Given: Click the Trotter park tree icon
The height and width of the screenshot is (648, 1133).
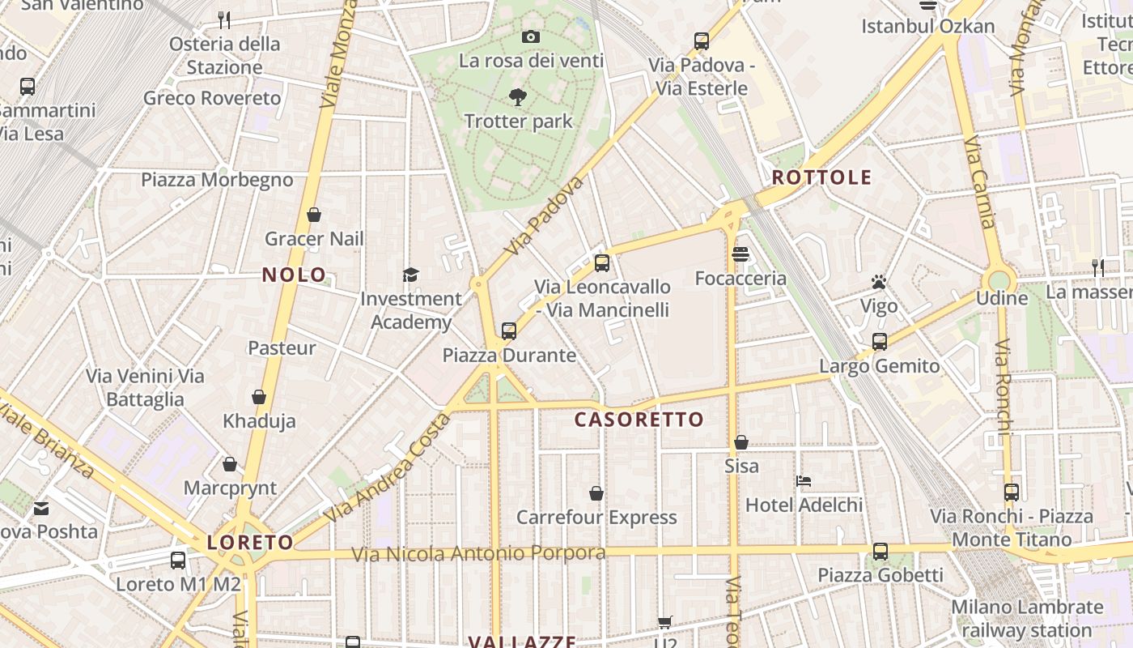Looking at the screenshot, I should coord(518,97).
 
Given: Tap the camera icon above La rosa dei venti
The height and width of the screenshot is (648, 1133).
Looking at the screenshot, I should coord(531,36).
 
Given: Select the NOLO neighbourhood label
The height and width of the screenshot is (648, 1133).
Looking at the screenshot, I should coord(294,275).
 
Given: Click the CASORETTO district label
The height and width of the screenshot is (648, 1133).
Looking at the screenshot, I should coord(639,420).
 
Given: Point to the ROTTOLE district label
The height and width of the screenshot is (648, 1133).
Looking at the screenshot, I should coord(821,177).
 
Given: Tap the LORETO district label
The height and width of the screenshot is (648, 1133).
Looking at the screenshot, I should coord(250,542).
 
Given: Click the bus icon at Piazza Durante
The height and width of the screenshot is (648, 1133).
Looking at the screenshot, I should coord(509,330).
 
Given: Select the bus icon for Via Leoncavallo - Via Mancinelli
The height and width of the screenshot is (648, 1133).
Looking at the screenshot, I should coord(601,262).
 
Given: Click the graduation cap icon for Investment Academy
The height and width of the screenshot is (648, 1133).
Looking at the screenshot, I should coord(410,275).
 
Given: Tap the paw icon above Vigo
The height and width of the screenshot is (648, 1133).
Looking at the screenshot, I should coord(879,282).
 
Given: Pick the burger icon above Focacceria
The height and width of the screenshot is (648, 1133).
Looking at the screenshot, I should coord(740,254).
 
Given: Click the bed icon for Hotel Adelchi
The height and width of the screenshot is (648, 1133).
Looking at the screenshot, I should coord(804,481).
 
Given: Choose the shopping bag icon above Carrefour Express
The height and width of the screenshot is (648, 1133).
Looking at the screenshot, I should coord(596,492).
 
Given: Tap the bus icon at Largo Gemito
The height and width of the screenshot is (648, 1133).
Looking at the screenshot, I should coord(880,341).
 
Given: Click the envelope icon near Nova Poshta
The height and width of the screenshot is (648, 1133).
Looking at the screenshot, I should coord(41,508).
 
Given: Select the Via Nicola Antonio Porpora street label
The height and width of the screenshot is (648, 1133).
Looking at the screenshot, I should coord(478,554).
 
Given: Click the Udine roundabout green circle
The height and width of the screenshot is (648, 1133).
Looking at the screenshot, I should coord(999,280).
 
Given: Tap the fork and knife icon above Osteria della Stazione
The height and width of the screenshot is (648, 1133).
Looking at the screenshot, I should coord(224,19).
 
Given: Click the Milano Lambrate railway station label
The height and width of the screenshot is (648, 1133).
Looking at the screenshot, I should coord(1027,618).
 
